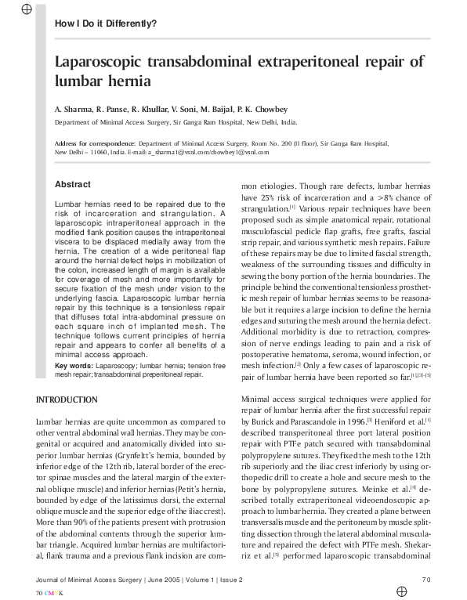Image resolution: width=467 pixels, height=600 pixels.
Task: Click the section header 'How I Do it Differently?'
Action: [x=105, y=23]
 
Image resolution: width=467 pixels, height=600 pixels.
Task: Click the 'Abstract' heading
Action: [x=72, y=185]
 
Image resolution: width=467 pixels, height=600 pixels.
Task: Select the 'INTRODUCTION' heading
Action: [x=67, y=400]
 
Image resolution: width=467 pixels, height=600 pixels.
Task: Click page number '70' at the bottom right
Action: [x=426, y=580]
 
